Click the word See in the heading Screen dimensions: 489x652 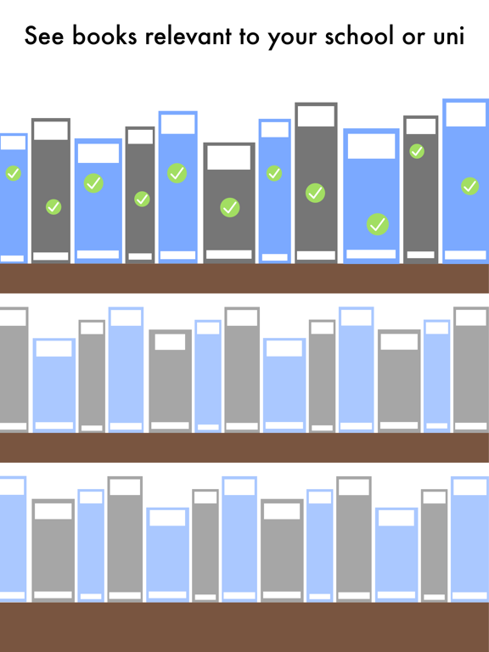44,36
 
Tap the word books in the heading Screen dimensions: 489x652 104,36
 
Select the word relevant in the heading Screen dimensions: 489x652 188,36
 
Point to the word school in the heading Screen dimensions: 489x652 359,36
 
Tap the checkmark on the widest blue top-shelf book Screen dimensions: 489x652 378,224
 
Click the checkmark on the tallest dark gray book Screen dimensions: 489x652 315,193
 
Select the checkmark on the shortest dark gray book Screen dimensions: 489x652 229,207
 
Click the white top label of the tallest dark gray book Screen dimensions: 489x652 316,115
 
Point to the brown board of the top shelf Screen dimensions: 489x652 244,278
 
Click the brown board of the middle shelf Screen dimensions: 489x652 244,447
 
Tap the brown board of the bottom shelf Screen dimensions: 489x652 244,627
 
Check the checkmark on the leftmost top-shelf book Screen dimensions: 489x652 14,173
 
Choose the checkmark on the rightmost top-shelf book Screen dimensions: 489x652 469,186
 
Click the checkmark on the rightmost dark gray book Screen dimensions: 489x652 417,151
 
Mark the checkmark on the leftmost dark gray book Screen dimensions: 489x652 53,206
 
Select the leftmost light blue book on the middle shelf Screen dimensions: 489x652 54,385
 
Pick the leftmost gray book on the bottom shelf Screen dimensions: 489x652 53,550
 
